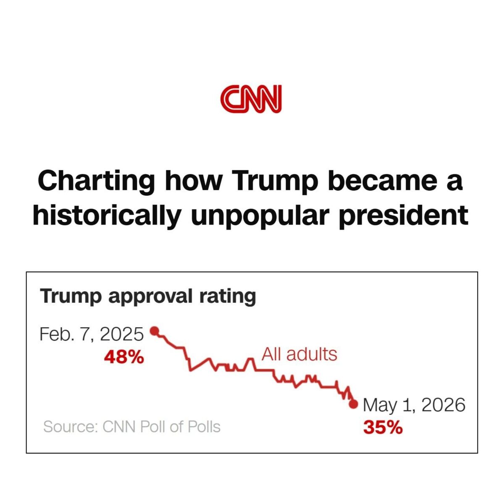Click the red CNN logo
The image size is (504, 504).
pyautogui.click(x=251, y=99)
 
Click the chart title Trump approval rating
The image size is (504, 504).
pyautogui.click(x=148, y=297)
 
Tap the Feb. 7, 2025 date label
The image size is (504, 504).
pyautogui.click(x=92, y=334)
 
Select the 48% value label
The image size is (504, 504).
pyautogui.click(x=124, y=357)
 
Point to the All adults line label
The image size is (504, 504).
pyautogui.click(x=299, y=354)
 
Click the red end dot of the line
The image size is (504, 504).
pyautogui.click(x=353, y=404)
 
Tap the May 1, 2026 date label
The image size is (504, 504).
pyautogui.click(x=414, y=405)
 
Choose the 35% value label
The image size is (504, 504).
pyautogui.click(x=383, y=428)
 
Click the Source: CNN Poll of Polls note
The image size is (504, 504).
pyautogui.click(x=132, y=427)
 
